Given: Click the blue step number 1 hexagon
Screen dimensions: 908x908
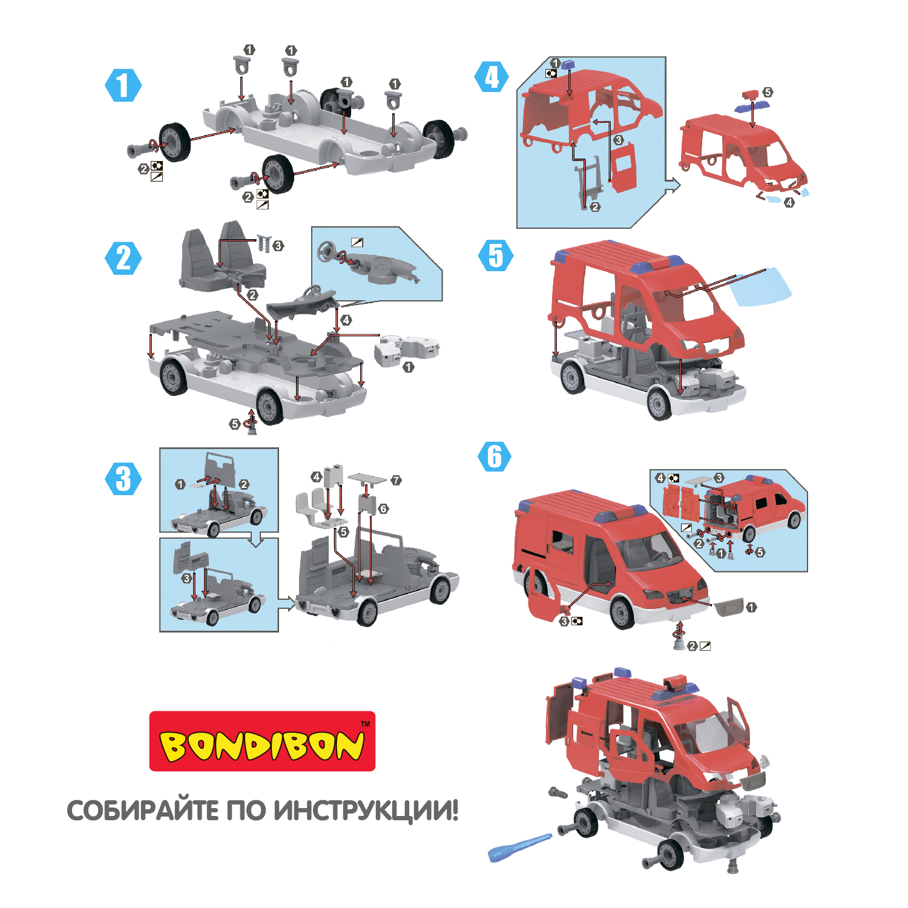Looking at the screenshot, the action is point(123,85).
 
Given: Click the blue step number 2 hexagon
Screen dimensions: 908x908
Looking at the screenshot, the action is point(123,258).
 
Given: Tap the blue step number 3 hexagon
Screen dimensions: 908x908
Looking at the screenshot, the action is point(123,479).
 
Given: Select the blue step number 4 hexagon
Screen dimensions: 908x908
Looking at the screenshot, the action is point(492,77).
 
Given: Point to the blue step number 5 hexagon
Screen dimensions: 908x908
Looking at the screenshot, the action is point(496,255).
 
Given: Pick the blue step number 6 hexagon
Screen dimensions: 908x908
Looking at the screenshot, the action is point(495,456).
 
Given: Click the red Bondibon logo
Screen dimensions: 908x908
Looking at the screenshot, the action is point(262,741).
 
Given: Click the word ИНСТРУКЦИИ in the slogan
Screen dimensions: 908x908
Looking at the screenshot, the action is point(365,810).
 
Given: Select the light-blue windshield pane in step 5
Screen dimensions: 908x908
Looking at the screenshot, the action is point(760,287).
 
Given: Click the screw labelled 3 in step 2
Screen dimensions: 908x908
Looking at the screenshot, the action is point(263,243).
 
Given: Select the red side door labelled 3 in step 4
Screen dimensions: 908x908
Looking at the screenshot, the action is point(623,167).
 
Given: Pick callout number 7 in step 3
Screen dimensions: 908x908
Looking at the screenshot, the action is point(396,480).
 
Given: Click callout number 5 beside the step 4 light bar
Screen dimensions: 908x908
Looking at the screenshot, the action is point(768,92).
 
